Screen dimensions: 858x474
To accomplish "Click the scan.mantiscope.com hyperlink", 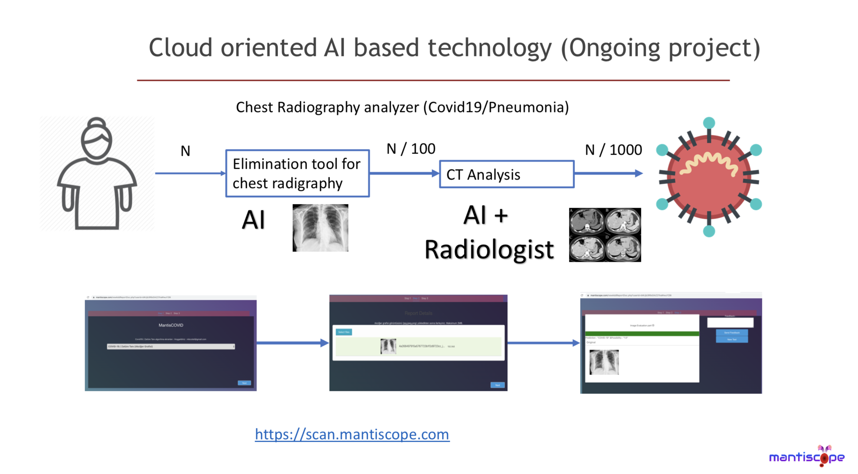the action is [352, 434].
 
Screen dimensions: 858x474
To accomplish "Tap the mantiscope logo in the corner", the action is [807, 457].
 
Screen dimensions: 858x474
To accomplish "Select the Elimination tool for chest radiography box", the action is [297, 173].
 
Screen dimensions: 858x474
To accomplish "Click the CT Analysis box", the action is [507, 174].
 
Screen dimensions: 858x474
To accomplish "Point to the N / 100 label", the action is [411, 149].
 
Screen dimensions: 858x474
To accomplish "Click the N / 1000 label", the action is [613, 150].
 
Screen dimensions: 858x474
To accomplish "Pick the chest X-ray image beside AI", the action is [320, 228].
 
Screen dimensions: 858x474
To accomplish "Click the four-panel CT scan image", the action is [605, 235].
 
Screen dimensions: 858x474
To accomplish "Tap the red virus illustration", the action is [709, 177].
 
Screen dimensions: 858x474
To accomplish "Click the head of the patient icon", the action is [97, 139].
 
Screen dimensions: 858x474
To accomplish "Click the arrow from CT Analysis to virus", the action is [609, 173].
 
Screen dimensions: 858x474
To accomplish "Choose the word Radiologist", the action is [489, 250].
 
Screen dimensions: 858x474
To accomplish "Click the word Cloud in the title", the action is [181, 48].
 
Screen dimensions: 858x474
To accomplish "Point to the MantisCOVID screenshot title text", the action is [171, 325].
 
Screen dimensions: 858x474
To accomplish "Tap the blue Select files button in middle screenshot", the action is [344, 332].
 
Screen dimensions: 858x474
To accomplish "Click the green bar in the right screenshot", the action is [642, 333].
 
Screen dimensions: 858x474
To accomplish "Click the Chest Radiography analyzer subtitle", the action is [402, 108].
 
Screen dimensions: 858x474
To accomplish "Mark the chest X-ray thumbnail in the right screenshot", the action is [604, 362].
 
